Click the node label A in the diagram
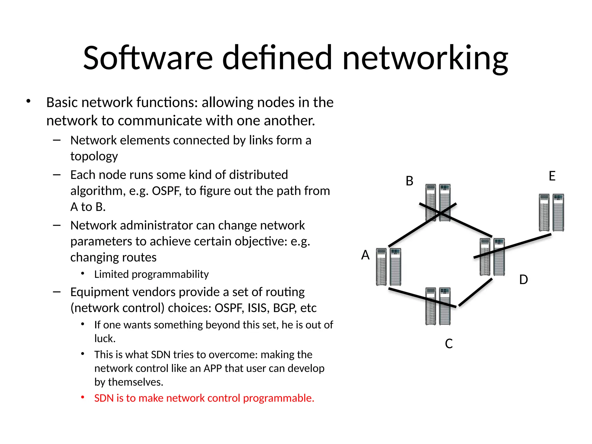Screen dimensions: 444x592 [365, 255]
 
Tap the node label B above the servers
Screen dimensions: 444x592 [409, 181]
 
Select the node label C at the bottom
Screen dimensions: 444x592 [449, 344]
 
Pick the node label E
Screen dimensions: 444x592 [552, 176]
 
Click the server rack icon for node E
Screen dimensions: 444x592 [551, 212]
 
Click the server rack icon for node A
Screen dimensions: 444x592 [388, 267]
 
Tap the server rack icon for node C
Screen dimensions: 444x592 [438, 306]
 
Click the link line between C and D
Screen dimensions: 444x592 [476, 292]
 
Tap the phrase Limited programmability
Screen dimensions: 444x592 [151, 274]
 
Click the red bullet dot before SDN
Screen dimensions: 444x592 [83, 397]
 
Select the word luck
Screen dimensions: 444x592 [105, 338]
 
